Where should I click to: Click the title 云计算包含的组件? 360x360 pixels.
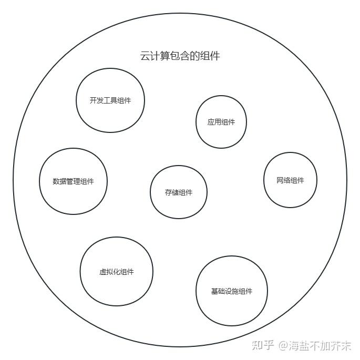[180, 56]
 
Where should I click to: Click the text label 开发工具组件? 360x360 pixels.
[110, 101]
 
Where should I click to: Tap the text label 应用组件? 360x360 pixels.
[221, 122]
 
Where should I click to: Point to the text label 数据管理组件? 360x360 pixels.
[73, 182]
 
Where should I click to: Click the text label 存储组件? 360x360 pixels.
[179, 192]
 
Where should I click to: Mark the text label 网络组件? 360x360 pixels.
[290, 180]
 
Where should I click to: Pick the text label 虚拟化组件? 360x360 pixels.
[116, 272]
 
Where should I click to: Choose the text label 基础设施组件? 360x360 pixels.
[232, 291]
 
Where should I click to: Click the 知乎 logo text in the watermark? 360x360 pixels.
[263, 345]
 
